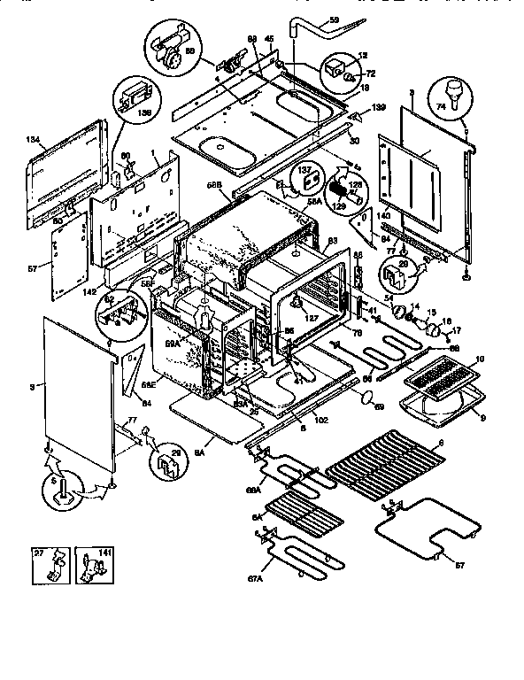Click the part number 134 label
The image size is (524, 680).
pos(34,139)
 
